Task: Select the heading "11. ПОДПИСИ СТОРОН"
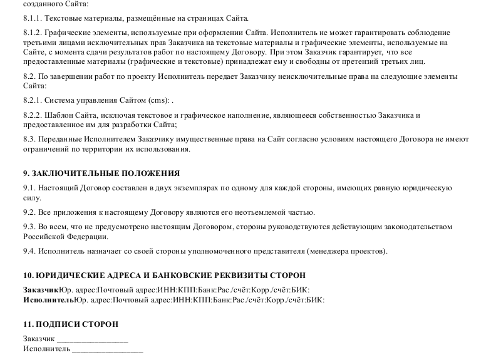(x=70, y=324)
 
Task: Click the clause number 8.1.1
(x=31, y=19)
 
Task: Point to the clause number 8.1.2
(x=31, y=32)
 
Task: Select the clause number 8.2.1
(x=31, y=100)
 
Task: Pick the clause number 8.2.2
(x=31, y=116)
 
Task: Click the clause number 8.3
(x=29, y=139)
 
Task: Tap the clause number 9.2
(x=29, y=212)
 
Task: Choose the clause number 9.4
(x=29, y=252)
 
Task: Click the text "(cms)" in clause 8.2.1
(x=158, y=100)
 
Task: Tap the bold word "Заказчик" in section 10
(x=41, y=290)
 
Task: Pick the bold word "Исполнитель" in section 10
(x=48, y=300)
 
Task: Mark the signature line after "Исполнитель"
(x=107, y=349)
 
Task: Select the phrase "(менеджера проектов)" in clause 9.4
(x=347, y=252)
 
